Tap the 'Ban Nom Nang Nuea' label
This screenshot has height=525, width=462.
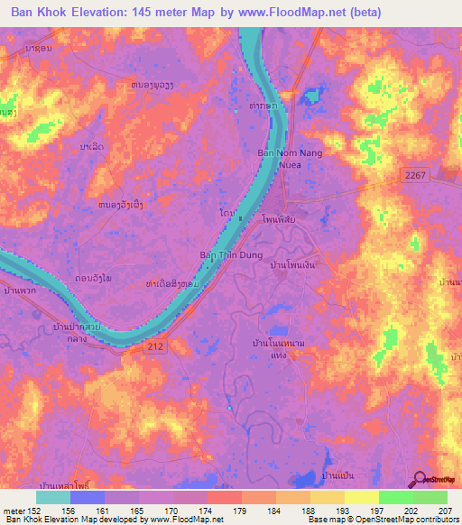click(x=291, y=159)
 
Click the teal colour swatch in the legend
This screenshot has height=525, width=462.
click(x=53, y=496)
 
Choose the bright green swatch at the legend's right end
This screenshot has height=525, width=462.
click(x=430, y=496)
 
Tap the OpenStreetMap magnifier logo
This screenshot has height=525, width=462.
click(x=420, y=479)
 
